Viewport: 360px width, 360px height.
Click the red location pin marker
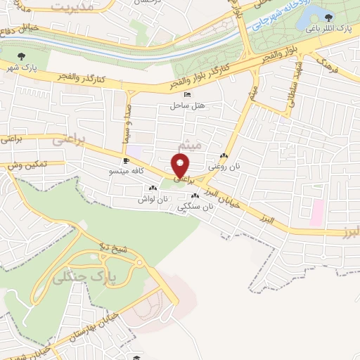(181, 167)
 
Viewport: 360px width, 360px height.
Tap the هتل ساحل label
(186, 105)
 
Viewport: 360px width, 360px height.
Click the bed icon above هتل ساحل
(186, 94)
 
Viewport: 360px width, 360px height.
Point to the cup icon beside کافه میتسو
(126, 160)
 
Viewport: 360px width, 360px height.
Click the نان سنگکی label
(198, 207)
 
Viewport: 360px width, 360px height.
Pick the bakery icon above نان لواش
(153, 188)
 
